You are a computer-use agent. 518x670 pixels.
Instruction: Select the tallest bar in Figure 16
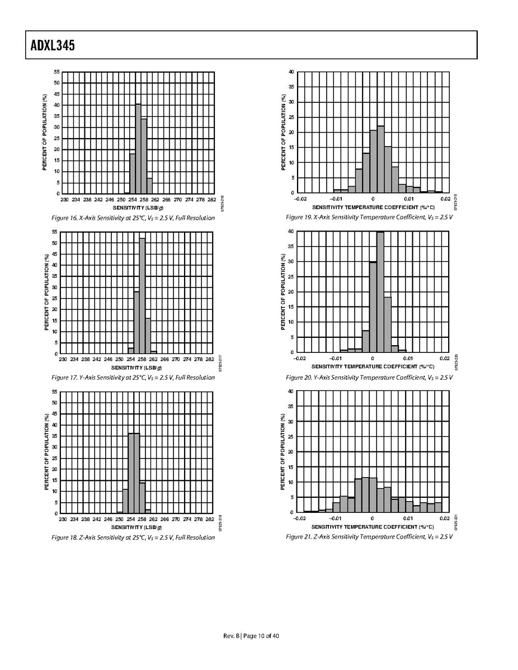click(x=138, y=149)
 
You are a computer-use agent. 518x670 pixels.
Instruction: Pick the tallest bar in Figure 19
click(x=380, y=159)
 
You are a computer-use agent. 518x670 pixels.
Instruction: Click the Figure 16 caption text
click(x=133, y=218)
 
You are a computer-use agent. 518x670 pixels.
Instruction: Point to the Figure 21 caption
click(x=369, y=537)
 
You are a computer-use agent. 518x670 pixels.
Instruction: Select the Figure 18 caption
click(x=133, y=537)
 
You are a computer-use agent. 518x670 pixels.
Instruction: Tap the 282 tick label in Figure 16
click(x=211, y=199)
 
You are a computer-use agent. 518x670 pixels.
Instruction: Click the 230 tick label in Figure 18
click(x=63, y=518)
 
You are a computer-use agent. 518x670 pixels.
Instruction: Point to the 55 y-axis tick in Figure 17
click(x=55, y=232)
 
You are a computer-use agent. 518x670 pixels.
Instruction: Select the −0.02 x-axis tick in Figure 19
click(x=300, y=199)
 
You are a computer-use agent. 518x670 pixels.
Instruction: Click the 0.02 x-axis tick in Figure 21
click(x=445, y=518)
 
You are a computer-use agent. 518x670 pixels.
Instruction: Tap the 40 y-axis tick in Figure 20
click(x=291, y=232)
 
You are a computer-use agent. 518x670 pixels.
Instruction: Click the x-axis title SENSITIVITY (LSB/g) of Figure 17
click(x=136, y=367)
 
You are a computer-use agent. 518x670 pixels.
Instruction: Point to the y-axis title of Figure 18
click(x=46, y=452)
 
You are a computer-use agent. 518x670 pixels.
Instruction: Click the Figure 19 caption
click(x=369, y=217)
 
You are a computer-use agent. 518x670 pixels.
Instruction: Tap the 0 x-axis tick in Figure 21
click(x=372, y=518)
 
